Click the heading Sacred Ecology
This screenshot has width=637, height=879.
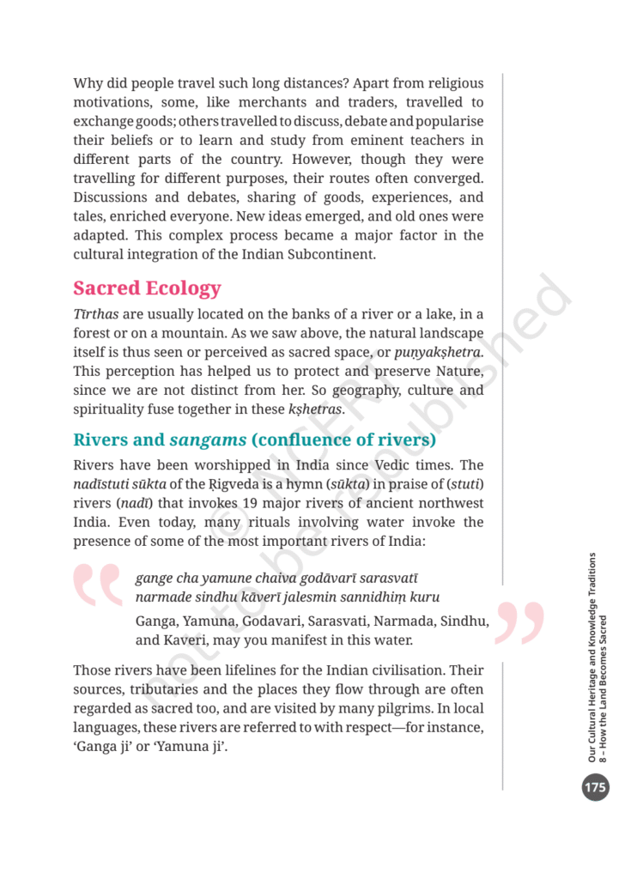click(x=147, y=288)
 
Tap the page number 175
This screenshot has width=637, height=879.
click(x=595, y=786)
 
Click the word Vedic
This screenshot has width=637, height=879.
click(x=395, y=465)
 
